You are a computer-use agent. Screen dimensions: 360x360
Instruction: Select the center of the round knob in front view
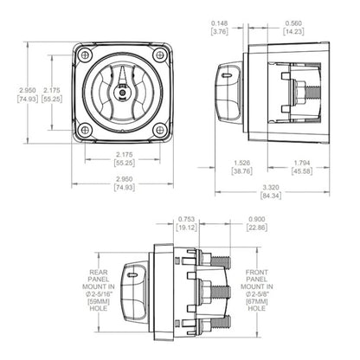click(121, 93)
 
